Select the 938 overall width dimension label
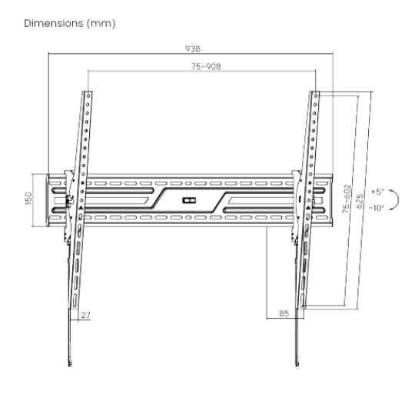[192, 47]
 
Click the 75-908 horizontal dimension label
[201, 66]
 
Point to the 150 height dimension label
[28, 199]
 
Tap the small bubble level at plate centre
[190, 201]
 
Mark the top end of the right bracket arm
[315, 94]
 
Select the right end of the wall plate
[332, 200]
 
